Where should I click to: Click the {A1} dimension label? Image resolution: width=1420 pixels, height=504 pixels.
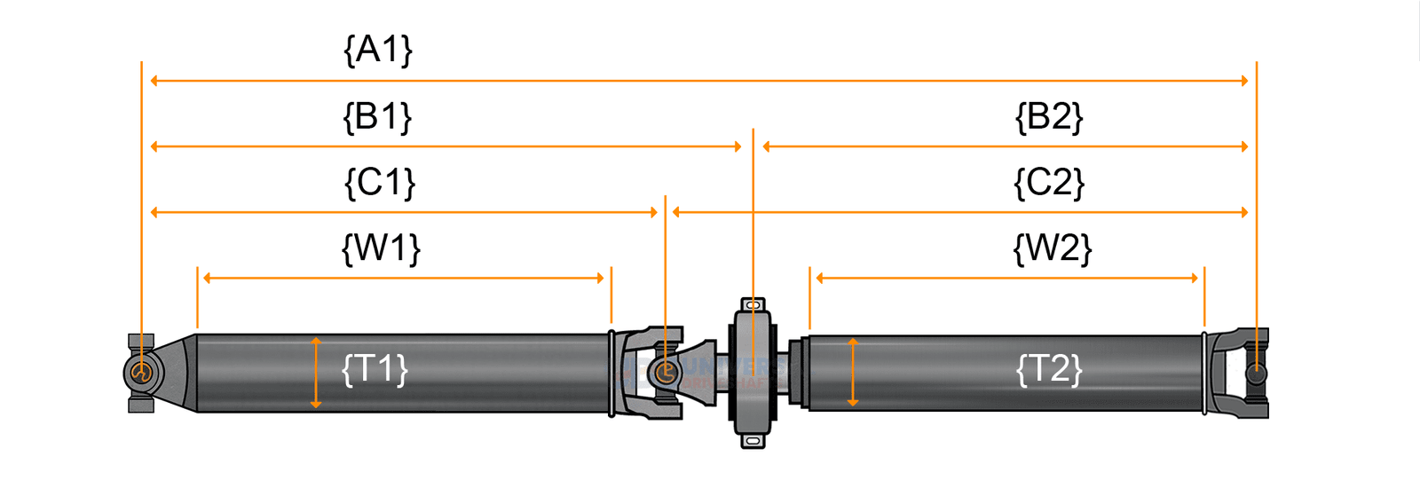pyautogui.click(x=378, y=50)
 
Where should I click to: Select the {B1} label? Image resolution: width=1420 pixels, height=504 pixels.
pyautogui.click(x=378, y=116)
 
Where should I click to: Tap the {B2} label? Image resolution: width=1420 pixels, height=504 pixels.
pyautogui.click(x=1049, y=116)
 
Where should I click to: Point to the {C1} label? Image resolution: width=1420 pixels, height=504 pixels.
pyautogui.click(x=379, y=183)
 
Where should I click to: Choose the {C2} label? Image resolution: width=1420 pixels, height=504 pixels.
pyautogui.click(x=1049, y=183)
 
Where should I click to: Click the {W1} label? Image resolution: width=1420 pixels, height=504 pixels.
pyautogui.click(x=381, y=248)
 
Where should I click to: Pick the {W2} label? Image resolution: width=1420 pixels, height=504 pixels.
pyautogui.click(x=1052, y=248)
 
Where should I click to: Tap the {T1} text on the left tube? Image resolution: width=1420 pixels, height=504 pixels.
pyautogui.click(x=375, y=368)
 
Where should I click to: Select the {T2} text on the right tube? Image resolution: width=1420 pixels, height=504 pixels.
pyautogui.click(x=1049, y=368)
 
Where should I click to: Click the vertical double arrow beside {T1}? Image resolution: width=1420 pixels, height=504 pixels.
pyautogui.click(x=316, y=373)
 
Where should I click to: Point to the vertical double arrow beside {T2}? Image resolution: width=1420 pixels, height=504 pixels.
pyautogui.click(x=853, y=373)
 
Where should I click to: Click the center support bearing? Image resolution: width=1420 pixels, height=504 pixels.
pyautogui.click(x=753, y=373)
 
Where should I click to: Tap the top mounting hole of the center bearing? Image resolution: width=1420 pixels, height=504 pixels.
pyautogui.click(x=753, y=305)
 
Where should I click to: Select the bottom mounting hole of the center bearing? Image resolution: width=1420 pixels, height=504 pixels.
pyautogui.click(x=753, y=440)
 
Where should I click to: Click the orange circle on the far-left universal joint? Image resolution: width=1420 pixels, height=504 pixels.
pyautogui.click(x=140, y=372)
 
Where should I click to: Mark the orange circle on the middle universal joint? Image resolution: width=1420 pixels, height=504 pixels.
pyautogui.click(x=665, y=372)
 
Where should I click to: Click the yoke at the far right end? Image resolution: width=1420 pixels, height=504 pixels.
pyautogui.click(x=1247, y=373)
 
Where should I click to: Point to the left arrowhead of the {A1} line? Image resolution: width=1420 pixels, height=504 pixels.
pyautogui.click(x=154, y=81)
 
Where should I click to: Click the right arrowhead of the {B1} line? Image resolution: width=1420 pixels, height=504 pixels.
pyautogui.click(x=738, y=146)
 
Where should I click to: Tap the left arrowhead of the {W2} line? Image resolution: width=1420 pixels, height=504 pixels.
pyautogui.click(x=820, y=278)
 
